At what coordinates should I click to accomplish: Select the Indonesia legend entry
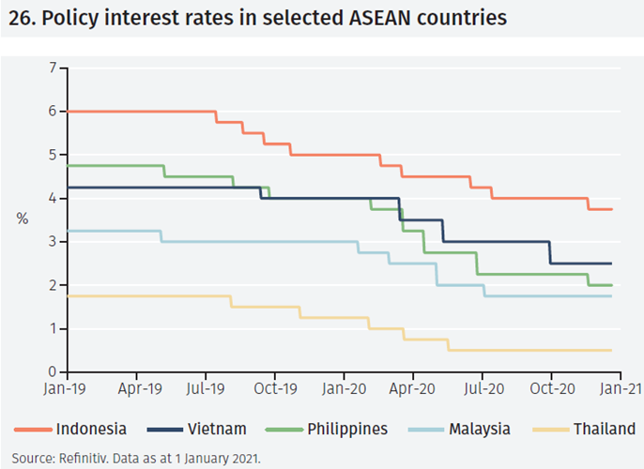pos(91,430)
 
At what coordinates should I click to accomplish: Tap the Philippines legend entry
pos(346,430)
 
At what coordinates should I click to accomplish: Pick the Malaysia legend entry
pos(479,430)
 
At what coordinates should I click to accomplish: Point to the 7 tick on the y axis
pos(53,68)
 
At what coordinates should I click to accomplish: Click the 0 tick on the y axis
pos(53,372)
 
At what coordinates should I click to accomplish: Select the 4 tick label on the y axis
pos(53,199)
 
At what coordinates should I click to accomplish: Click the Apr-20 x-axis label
pos(411,386)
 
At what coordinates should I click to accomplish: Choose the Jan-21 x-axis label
pos(617,386)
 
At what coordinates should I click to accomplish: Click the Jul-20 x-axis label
pos(481,386)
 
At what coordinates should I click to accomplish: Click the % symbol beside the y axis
pos(23,219)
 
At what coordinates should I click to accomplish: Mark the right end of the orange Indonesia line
pos(611,209)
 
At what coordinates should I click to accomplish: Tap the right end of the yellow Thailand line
pos(611,350)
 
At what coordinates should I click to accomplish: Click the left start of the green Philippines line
pos(69,166)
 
